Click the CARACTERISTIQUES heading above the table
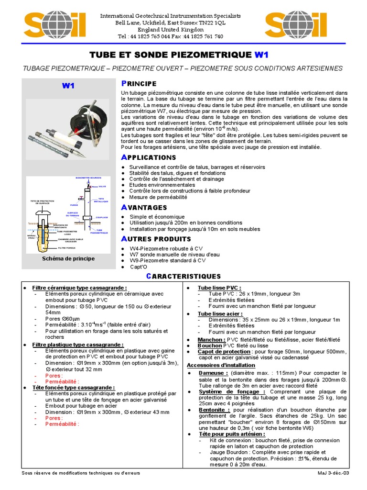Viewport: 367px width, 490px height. (183, 277)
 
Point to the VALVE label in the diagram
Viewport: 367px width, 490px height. (102, 186)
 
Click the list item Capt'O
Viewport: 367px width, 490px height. (139, 267)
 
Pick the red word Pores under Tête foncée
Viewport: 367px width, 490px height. (55, 418)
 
